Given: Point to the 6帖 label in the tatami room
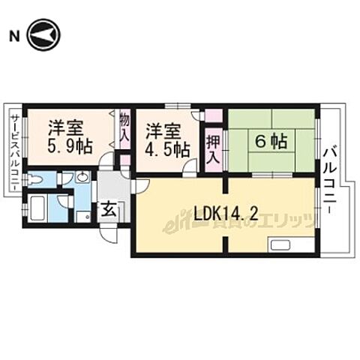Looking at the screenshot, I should pyautogui.click(x=271, y=139).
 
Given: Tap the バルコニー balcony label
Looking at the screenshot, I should pyautogui.click(x=330, y=180).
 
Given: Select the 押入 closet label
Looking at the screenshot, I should pyautogui.click(x=213, y=148).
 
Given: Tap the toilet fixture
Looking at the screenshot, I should pyautogui.click(x=34, y=179).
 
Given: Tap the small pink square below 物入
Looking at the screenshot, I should pyautogui.click(x=125, y=160).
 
